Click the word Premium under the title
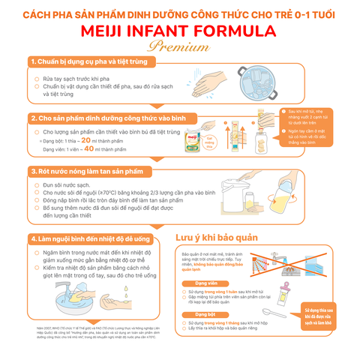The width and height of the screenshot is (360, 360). coord(180,46)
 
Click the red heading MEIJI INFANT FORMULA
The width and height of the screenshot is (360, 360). coord(180,30)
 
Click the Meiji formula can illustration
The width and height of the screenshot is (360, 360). coord(196,142)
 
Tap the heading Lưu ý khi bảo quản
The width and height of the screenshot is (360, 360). coord(217,238)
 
